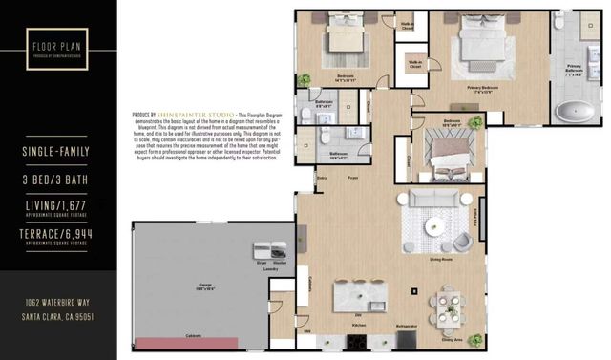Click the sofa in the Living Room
pos(434,198)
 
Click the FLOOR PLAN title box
pos(58,47)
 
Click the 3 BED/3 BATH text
pos(58,179)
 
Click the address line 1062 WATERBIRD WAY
pos(58,302)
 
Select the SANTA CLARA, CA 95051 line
pos(58,316)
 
